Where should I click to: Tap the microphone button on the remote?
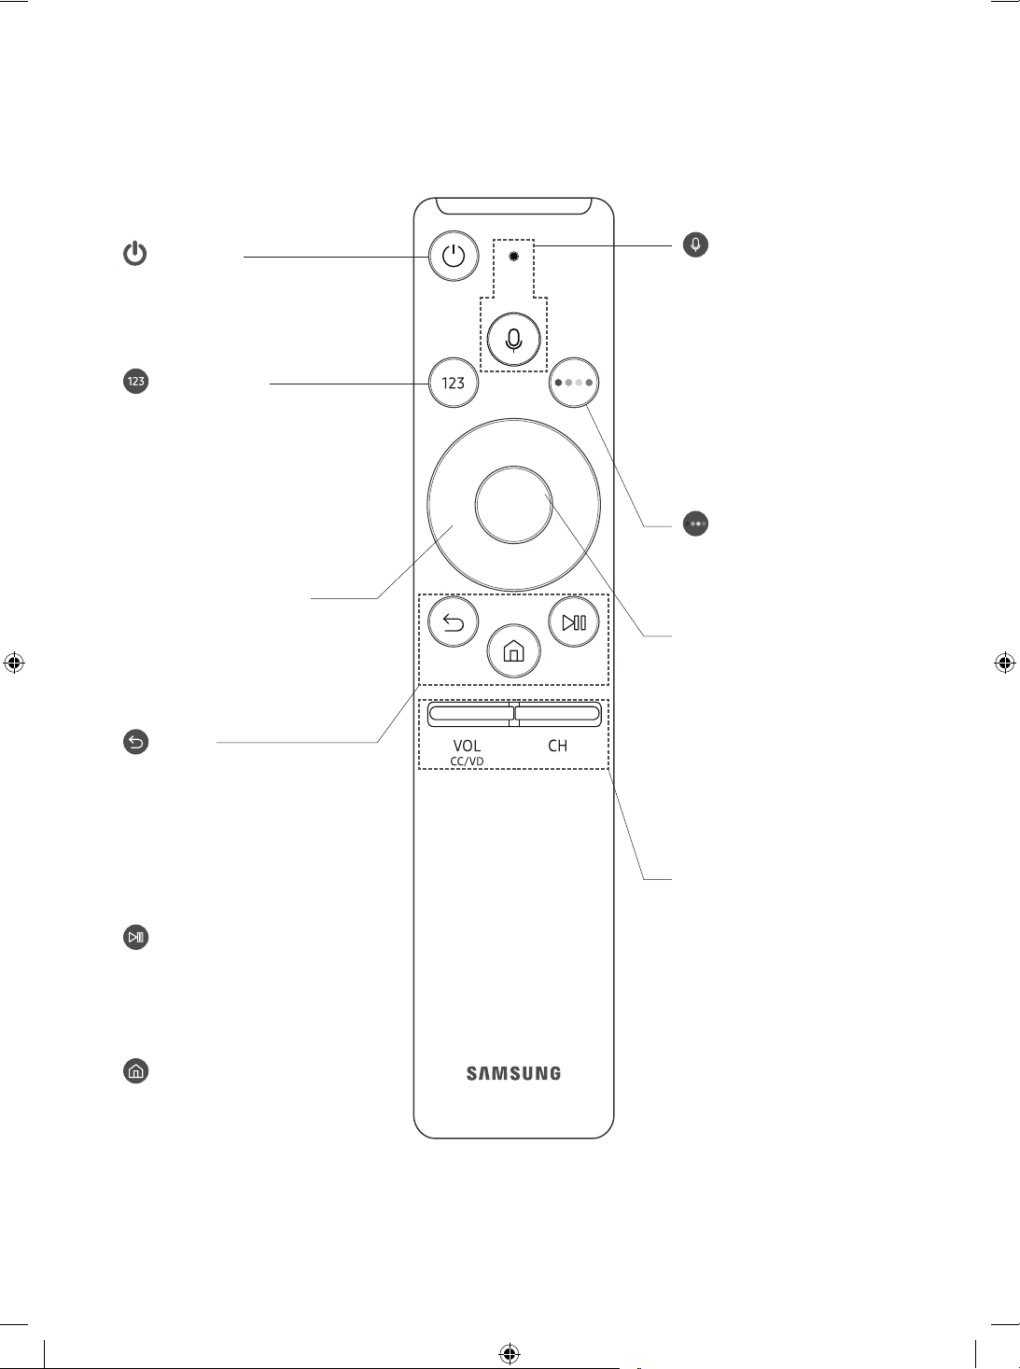tap(513, 340)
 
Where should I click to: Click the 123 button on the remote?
tap(454, 382)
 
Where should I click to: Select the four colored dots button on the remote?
tap(574, 382)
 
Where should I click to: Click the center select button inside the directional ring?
tap(513, 505)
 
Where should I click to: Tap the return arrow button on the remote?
tap(454, 622)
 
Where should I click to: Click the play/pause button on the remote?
tap(574, 622)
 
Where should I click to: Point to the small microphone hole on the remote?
tap(513, 256)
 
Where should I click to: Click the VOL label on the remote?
tap(467, 746)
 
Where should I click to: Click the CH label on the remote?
tap(557, 746)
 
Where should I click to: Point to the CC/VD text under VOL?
tap(467, 761)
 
